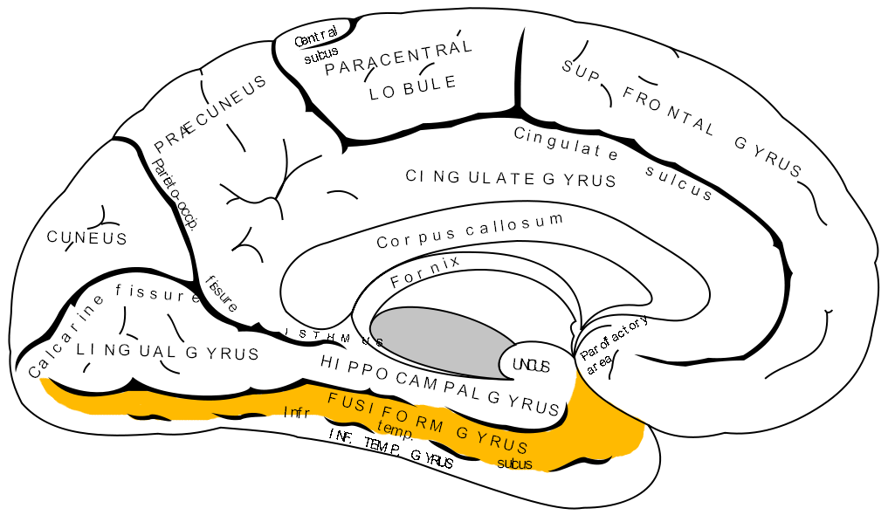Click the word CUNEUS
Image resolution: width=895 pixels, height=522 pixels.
coord(87,237)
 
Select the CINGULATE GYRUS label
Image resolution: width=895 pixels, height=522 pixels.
coord(511,178)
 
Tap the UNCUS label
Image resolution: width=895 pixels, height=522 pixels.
coord(531,366)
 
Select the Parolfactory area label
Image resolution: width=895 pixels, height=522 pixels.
coord(613,342)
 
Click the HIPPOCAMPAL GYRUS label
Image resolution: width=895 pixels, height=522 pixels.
coord(439,383)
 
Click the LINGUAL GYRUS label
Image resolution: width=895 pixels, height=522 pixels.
coord(168,352)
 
